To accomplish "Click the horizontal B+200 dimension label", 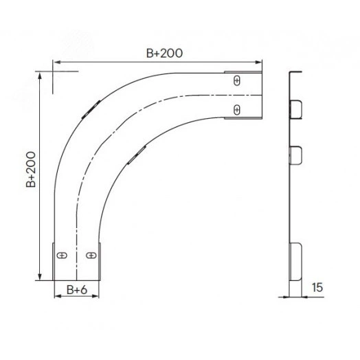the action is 164,54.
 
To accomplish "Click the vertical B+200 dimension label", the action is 31,170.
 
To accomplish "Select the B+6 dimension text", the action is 77,290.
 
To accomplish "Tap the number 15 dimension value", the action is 317,287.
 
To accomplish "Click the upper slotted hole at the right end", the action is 237,81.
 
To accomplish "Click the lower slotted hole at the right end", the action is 237,110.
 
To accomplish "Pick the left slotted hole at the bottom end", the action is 62,256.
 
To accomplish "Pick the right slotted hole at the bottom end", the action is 91,256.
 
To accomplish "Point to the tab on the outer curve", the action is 91,109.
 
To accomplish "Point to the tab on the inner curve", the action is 137,155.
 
